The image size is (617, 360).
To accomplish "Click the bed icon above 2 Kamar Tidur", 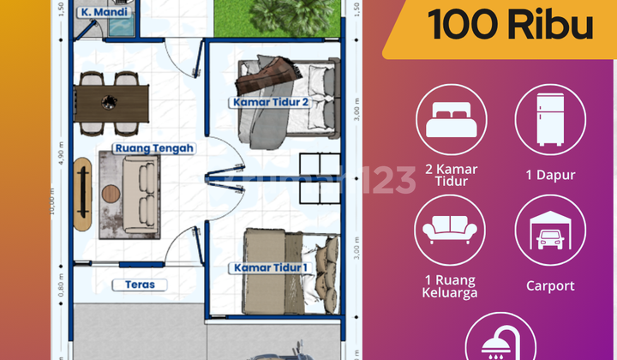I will [x=452, y=119].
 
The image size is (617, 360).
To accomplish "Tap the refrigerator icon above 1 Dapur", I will [x=550, y=119].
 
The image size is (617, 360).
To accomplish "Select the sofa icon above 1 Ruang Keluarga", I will [x=452, y=230].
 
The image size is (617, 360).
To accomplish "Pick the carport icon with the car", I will [x=550, y=230].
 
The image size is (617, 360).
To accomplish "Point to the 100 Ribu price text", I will [x=511, y=26].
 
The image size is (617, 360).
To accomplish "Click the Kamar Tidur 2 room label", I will [x=269, y=102].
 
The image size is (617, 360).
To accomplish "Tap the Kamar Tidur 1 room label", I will [x=269, y=268].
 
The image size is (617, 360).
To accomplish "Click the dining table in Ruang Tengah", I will [x=111, y=103].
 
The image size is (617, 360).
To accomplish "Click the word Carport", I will [x=549, y=285].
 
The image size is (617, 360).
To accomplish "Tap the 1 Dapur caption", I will [x=550, y=175].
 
